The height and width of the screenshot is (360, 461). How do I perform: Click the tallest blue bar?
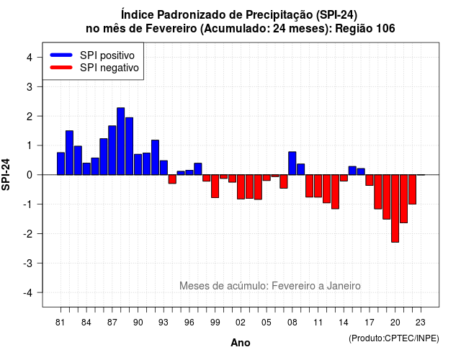click(120, 141)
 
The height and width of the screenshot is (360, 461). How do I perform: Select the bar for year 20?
click(395, 208)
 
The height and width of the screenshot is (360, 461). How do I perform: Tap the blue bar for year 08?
click(292, 163)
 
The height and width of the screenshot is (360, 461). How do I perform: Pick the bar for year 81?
click(61, 163)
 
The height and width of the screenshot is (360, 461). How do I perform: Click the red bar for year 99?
click(215, 186)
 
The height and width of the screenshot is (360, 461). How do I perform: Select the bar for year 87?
click(112, 150)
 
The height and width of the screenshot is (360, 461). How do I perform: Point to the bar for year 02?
click(241, 187)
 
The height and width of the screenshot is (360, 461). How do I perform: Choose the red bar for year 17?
click(370, 180)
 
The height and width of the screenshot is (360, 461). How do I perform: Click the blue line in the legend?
click(61, 55)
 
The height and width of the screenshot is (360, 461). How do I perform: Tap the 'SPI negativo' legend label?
click(109, 68)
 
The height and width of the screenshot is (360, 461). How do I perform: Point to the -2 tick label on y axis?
click(30, 234)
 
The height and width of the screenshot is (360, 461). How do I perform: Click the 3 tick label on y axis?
click(30, 86)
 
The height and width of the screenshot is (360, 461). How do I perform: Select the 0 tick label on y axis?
click(30, 175)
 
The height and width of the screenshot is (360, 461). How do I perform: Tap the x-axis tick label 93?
click(164, 323)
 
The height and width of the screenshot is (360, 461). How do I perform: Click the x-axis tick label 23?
click(421, 323)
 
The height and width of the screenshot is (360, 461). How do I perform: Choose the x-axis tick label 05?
click(267, 323)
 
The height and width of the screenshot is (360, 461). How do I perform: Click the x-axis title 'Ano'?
click(241, 343)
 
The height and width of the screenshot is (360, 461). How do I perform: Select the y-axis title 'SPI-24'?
click(6, 174)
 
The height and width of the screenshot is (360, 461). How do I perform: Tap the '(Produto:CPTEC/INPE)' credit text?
click(394, 338)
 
